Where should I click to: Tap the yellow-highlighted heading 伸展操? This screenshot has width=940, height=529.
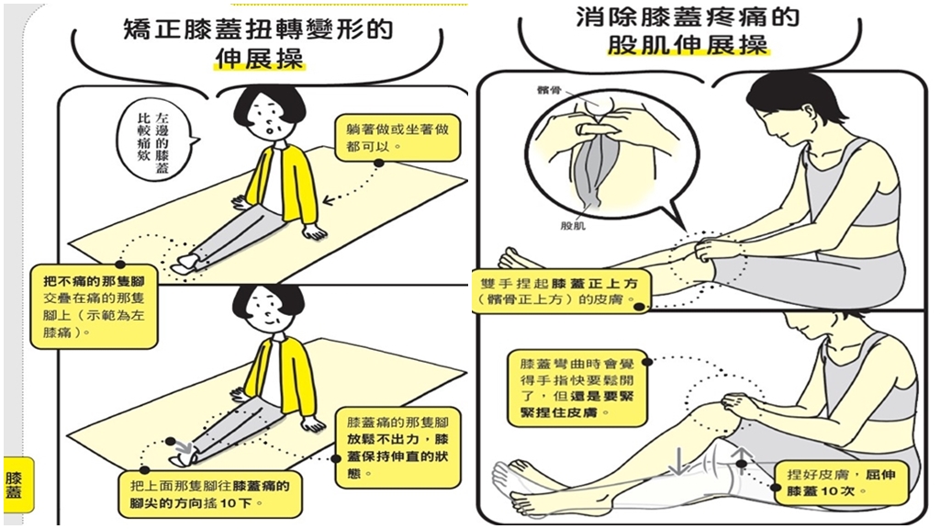coord(260,58)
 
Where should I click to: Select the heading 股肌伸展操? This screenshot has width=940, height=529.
coord(688,44)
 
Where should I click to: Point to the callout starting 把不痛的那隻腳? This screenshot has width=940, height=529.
coord(95,306)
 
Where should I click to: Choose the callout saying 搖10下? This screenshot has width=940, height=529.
coord(209,493)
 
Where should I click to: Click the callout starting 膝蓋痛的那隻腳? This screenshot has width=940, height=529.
coord(397,447)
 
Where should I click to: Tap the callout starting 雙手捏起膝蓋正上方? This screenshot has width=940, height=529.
coord(558,291)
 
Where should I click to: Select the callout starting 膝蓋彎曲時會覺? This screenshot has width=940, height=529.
coord(577,388)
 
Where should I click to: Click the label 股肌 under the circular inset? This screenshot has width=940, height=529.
coord(573,226)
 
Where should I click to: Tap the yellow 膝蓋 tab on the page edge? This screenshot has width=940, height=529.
coord(14,485)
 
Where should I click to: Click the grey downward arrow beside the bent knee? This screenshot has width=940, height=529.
coord(678,460)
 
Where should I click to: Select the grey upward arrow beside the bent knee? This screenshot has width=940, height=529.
coord(741,458)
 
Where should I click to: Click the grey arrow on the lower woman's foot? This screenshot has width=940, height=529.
coord(183,447)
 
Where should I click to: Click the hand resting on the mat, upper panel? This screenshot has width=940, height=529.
coord(315,232)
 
